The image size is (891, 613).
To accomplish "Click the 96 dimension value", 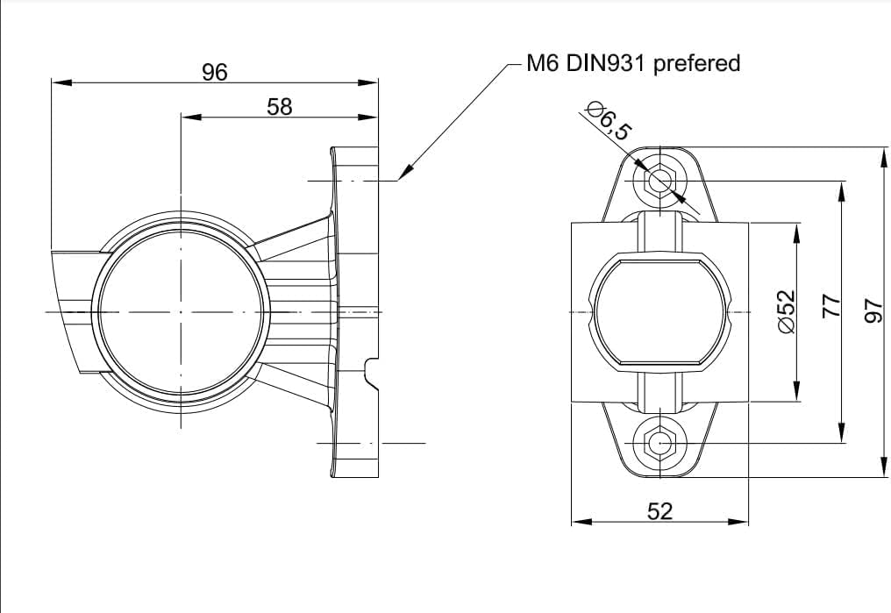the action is (215, 72).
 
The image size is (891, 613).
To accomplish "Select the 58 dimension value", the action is (280, 107).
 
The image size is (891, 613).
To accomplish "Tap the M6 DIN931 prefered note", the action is (633, 63).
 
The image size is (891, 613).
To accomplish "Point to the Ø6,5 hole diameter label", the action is (609, 121).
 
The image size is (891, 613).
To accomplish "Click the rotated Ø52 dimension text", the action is (787, 312).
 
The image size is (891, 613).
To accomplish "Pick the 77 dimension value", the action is (831, 306).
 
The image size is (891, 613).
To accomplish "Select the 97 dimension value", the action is (873, 311).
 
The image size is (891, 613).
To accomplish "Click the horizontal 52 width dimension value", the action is (659, 511).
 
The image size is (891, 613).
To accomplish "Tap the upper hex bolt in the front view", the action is (659, 182).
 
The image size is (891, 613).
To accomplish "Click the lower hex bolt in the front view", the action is (659, 442).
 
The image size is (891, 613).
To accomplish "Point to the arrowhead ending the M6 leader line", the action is (405, 171).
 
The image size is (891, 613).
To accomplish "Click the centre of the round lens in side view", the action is (181, 312).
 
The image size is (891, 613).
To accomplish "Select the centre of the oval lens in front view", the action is (659, 312).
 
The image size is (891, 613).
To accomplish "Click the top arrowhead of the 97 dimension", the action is (884, 157).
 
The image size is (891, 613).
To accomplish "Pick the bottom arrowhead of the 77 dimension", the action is (842, 432).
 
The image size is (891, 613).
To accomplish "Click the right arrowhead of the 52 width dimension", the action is (738, 521).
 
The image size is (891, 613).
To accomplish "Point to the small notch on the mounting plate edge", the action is (371, 372).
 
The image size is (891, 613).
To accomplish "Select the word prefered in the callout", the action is (696, 64).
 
